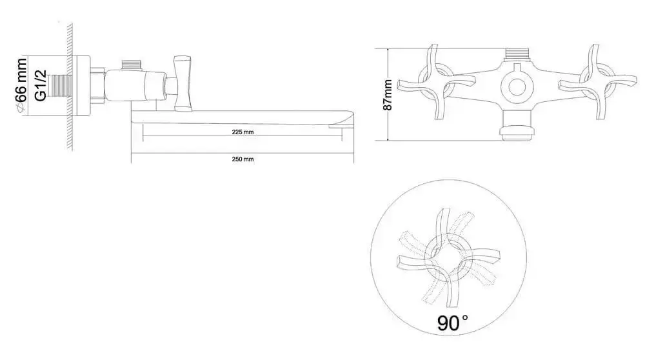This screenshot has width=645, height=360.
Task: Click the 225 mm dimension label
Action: [x=243, y=132]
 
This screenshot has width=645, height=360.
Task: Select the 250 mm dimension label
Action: [x=243, y=159]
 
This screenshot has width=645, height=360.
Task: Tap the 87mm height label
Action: [x=388, y=95]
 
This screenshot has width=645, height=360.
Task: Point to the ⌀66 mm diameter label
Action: [x=21, y=86]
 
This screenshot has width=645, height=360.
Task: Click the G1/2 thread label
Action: [x=40, y=86]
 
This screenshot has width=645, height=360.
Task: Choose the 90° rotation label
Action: [x=453, y=323]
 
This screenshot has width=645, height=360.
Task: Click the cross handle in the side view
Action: [x=183, y=83]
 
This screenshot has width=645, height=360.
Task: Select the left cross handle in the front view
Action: [x=437, y=82]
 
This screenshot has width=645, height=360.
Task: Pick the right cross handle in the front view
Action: [x=597, y=82]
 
